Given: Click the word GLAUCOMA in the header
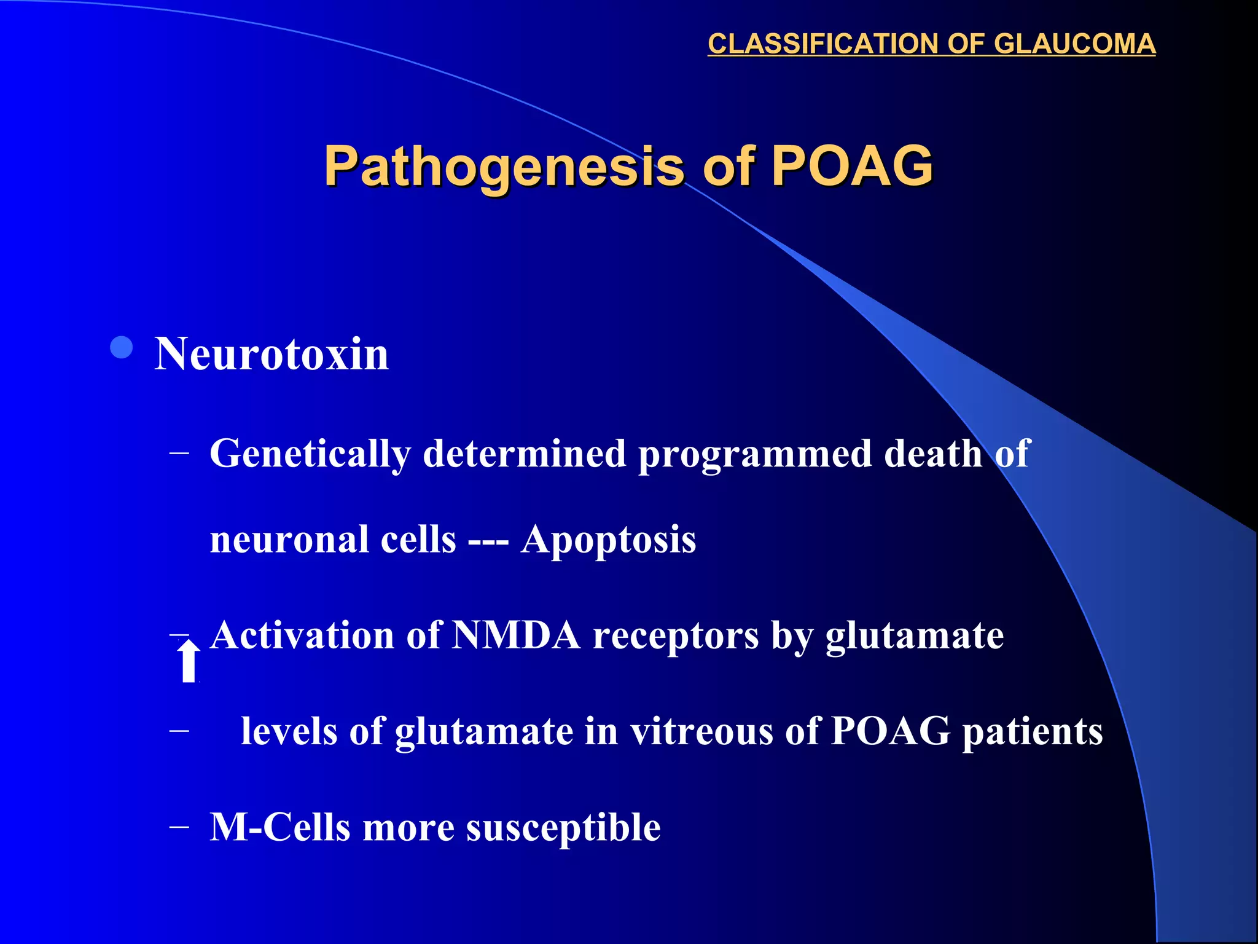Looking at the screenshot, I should pyautogui.click(x=1074, y=44).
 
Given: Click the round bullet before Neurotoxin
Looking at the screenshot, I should pyautogui.click(x=122, y=348).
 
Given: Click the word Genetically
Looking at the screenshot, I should pyautogui.click(x=310, y=454).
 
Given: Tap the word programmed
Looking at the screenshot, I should pyautogui.click(x=755, y=454).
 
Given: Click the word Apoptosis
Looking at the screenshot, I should pyautogui.click(x=608, y=540).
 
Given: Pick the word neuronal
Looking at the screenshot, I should pyautogui.click(x=290, y=540).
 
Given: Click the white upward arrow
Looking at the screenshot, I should pyautogui.click(x=189, y=661).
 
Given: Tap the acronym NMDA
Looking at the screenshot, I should pyautogui.click(x=516, y=635).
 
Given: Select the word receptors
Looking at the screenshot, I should pyautogui.click(x=676, y=635).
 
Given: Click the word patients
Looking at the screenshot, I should pyautogui.click(x=1032, y=731).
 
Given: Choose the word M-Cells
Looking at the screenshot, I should pyautogui.click(x=280, y=827).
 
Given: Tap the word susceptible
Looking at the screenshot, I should pyautogui.click(x=563, y=827).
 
